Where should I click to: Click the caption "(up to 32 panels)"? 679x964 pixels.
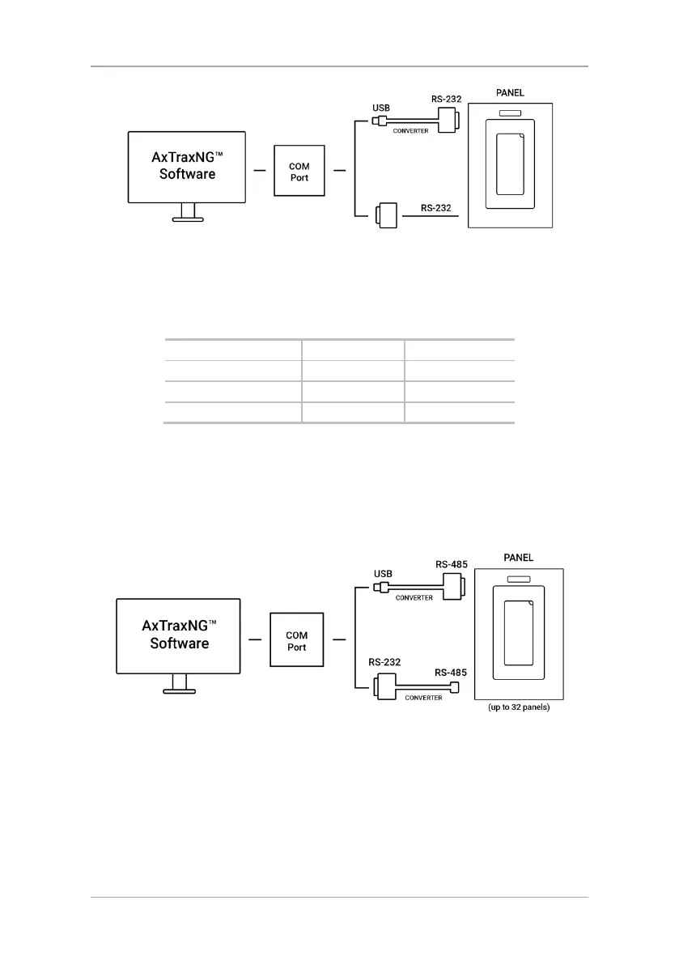click(518, 707)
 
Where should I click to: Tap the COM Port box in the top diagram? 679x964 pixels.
click(299, 172)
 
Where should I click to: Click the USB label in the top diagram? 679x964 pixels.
click(382, 106)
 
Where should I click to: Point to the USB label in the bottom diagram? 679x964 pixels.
click(383, 574)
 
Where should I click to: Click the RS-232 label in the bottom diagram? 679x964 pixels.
click(385, 661)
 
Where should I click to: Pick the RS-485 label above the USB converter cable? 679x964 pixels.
click(452, 565)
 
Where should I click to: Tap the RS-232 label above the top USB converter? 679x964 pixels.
click(446, 100)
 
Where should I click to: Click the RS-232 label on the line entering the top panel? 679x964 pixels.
click(437, 207)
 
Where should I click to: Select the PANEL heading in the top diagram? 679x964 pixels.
click(510, 93)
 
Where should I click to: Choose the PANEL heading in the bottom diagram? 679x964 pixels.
click(518, 558)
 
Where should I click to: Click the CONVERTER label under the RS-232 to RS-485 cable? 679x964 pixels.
click(423, 698)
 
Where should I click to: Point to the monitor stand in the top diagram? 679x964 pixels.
click(188, 212)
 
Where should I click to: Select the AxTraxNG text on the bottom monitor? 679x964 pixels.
click(179, 626)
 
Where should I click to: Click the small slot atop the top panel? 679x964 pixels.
click(510, 113)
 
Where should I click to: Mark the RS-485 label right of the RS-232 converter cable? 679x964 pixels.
click(451, 672)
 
